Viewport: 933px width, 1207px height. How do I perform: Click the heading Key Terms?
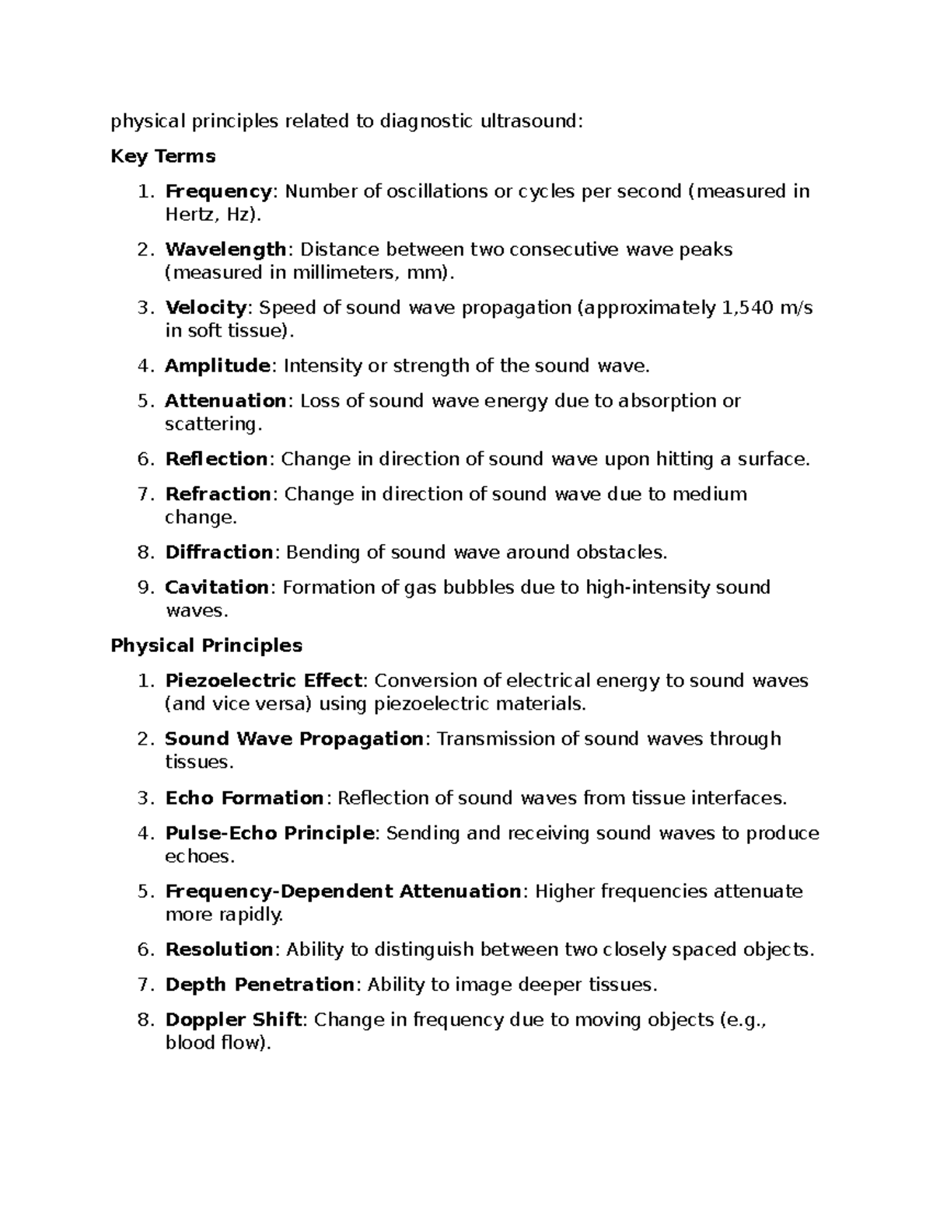point(162,156)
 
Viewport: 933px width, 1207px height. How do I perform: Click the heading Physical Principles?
point(206,645)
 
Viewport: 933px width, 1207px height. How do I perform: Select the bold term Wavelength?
point(225,249)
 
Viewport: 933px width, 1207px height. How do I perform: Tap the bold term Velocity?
point(206,308)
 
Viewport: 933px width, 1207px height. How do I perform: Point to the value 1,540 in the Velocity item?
point(748,308)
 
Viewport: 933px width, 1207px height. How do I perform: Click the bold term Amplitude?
point(218,365)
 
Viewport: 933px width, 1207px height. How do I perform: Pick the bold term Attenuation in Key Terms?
point(225,401)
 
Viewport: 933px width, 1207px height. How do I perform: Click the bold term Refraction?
point(218,494)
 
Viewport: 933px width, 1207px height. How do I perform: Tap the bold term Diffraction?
point(218,553)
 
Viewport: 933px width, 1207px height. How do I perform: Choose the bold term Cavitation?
point(217,588)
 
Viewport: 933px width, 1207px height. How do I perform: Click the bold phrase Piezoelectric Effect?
point(264,681)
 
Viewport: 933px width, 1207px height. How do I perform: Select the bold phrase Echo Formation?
point(244,798)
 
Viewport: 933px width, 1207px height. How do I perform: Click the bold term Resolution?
point(218,950)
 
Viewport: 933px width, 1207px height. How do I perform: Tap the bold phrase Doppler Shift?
point(233,1020)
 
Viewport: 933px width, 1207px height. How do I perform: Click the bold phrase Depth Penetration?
point(260,985)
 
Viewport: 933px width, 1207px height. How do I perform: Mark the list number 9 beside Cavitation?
point(144,588)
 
